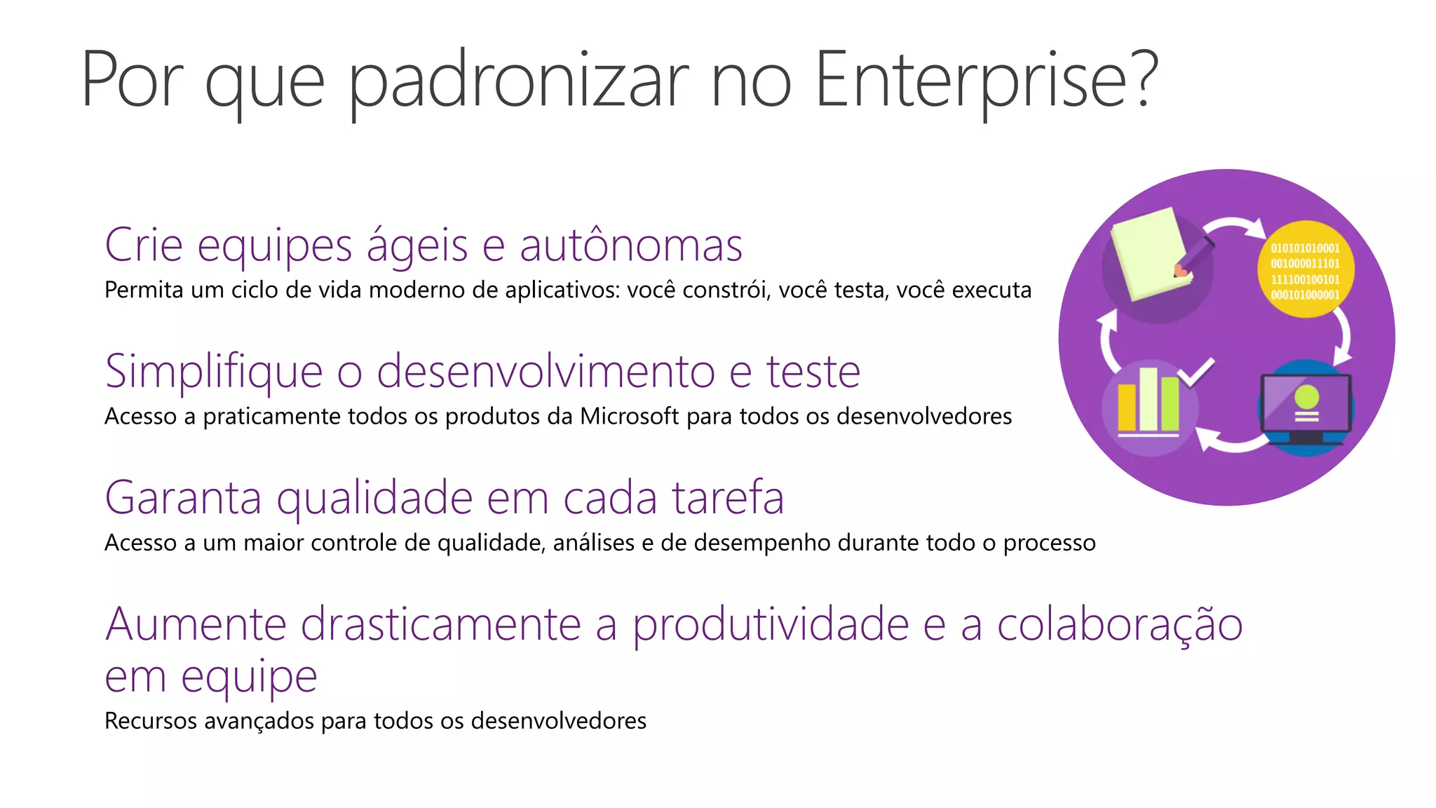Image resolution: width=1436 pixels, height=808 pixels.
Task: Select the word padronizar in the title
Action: [x=518, y=81]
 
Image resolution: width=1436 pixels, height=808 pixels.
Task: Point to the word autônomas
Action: [x=630, y=246]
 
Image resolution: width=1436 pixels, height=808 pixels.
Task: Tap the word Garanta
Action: [x=183, y=497]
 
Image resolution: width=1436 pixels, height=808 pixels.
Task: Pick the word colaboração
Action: [x=1120, y=624]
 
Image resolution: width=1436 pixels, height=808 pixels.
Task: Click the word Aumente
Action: [x=196, y=624]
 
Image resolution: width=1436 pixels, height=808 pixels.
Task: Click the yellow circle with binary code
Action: [x=1305, y=270]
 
